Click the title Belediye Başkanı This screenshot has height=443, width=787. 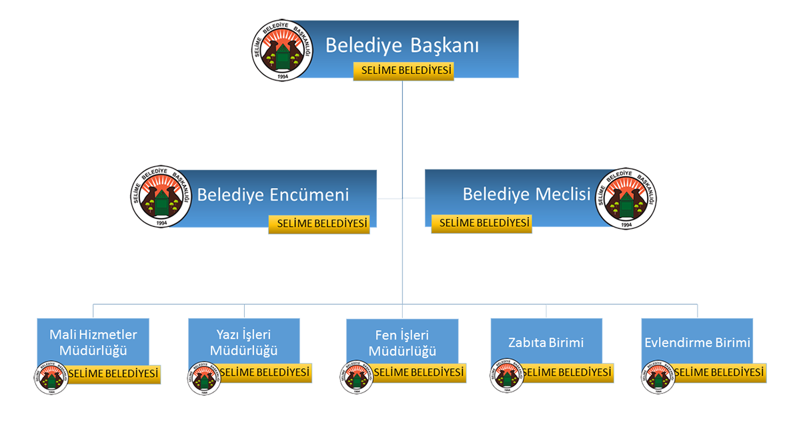pos(402,46)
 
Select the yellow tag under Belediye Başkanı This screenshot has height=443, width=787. pos(404,71)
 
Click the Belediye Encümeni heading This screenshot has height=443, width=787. pos(273,195)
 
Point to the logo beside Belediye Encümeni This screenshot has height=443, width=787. pos(161,197)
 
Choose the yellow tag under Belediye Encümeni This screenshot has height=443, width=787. pos(319,224)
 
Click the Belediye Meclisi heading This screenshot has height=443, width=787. pos(526,194)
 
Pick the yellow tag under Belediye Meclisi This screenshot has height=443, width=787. pos(482,223)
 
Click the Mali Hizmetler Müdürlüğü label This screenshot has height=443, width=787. pos(93,342)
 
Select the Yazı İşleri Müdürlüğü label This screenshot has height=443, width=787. pos(243,342)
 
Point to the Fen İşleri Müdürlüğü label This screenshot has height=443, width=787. pos(402,343)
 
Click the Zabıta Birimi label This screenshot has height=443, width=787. pos(546,343)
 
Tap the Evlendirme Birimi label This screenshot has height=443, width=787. pos(697,343)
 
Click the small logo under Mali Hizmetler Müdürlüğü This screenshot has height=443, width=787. pos(51,378)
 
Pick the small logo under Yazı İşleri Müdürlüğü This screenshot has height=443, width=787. pos(204,378)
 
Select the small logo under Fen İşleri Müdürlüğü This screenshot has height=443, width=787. pos(357,378)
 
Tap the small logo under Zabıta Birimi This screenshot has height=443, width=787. pos(507,376)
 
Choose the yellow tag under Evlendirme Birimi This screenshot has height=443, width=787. pos(718,372)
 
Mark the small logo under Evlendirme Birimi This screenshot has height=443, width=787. pos(658,377)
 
